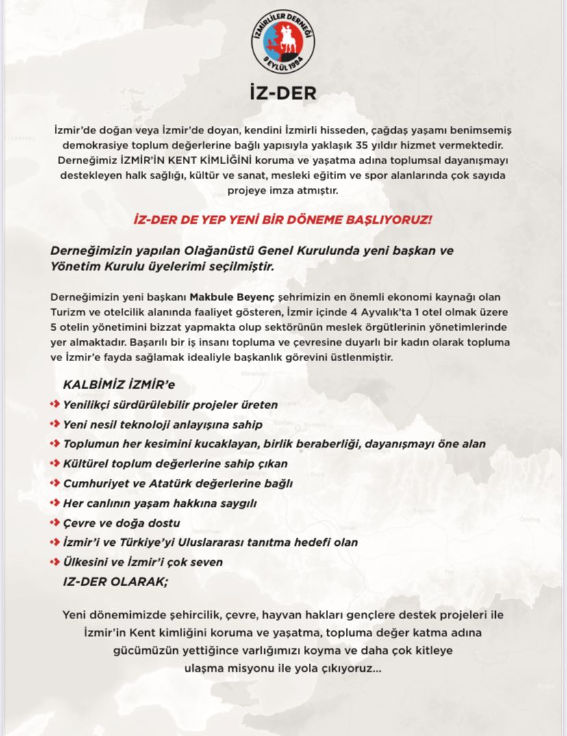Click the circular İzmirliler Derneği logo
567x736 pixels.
click(x=283, y=42)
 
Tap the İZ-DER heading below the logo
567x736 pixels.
click(x=283, y=93)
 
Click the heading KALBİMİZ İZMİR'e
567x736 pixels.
click(x=118, y=385)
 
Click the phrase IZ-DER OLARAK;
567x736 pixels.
click(x=115, y=581)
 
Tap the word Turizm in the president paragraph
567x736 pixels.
click(x=68, y=312)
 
